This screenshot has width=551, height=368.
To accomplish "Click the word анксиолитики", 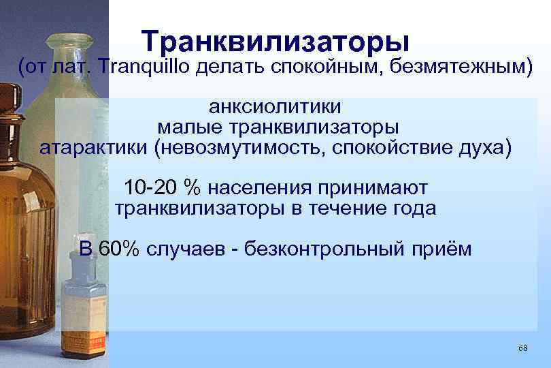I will [275, 107].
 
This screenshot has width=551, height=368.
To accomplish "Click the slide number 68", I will [522, 349].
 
